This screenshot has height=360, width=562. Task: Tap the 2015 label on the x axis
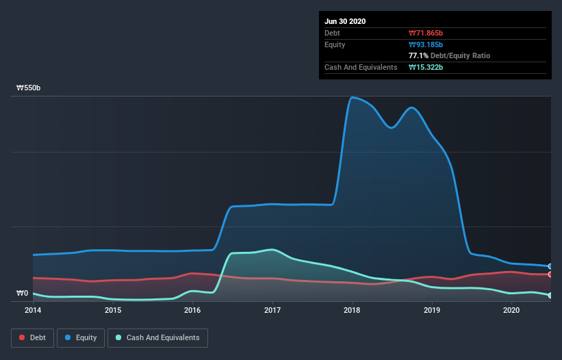(x=113, y=310)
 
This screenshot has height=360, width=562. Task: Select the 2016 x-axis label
(x=192, y=310)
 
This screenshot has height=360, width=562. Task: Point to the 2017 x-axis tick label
(x=272, y=310)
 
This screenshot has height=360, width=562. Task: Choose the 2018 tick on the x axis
(x=352, y=310)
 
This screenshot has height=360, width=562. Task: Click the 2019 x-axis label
(x=432, y=310)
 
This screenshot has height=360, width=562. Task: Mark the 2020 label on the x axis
(x=511, y=310)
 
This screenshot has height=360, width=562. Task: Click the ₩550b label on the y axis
(x=29, y=88)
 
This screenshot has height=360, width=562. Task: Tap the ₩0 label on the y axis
(x=23, y=294)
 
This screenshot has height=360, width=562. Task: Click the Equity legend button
(x=81, y=337)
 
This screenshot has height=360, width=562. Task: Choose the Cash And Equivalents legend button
(x=157, y=337)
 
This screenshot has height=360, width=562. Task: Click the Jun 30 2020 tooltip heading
(x=345, y=21)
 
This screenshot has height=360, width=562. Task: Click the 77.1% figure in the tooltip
(x=419, y=55)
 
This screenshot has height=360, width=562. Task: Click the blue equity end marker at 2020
(x=550, y=266)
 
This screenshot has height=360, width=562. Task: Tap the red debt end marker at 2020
(x=550, y=274)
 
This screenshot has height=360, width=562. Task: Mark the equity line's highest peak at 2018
(x=353, y=97)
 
